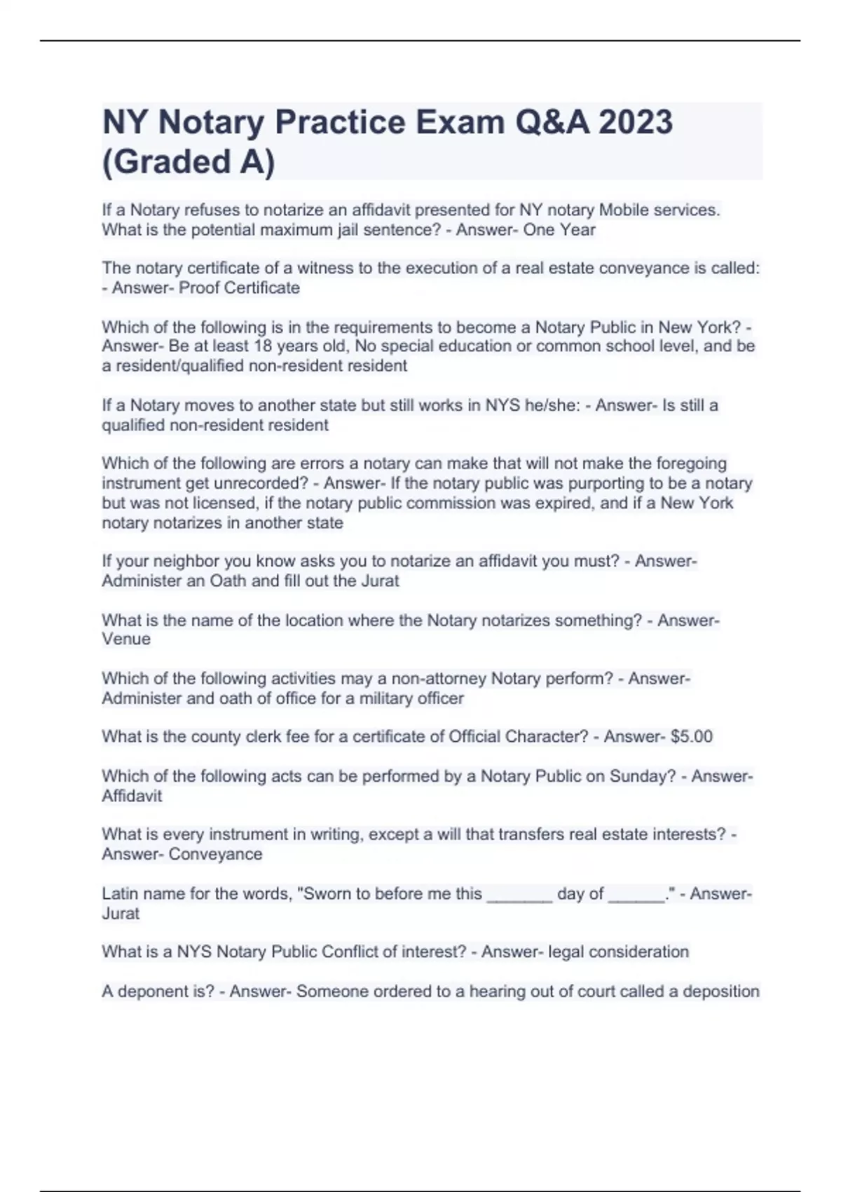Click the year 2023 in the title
point(636,122)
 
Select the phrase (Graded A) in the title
point(189,161)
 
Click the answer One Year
point(559,230)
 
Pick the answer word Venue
point(126,639)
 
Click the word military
point(397,698)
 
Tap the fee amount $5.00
point(691,736)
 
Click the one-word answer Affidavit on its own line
point(132,796)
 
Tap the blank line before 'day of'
point(519,895)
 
